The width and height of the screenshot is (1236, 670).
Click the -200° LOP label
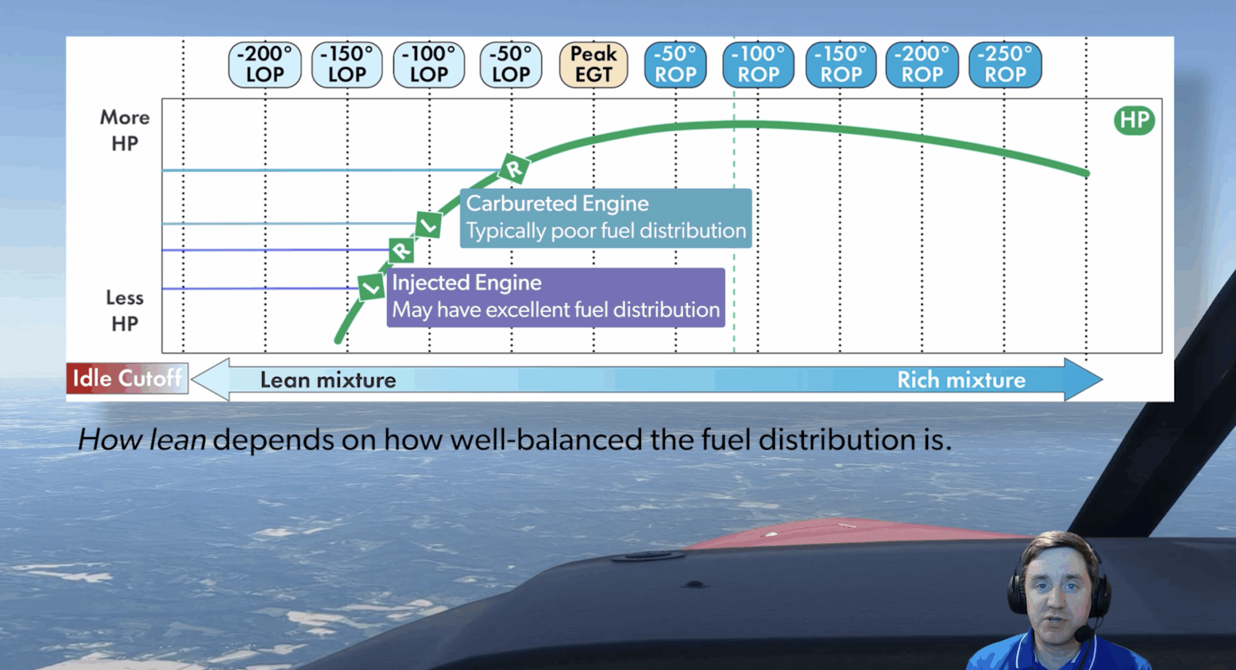(265, 65)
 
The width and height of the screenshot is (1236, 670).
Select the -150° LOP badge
(347, 65)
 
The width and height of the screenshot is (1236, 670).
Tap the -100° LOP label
(429, 65)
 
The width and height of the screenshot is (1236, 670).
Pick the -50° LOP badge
(511, 65)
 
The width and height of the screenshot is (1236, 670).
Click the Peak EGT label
(593, 65)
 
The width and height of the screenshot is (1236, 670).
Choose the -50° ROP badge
(675, 65)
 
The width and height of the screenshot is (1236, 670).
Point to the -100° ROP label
(758, 65)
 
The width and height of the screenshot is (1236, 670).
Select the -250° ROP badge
(1005, 65)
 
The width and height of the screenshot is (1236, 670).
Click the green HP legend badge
(1134, 120)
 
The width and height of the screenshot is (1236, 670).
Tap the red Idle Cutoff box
(127, 378)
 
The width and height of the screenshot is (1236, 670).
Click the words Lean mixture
(328, 380)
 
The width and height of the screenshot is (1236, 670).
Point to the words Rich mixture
(961, 380)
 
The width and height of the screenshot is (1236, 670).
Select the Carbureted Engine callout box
(606, 218)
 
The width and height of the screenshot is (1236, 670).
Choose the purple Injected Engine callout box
(556, 297)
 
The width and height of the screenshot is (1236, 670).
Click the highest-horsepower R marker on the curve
(514, 169)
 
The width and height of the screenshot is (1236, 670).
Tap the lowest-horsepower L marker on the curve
(371, 288)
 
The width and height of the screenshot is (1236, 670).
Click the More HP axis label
(125, 130)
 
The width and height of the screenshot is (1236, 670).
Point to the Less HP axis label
(125, 311)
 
